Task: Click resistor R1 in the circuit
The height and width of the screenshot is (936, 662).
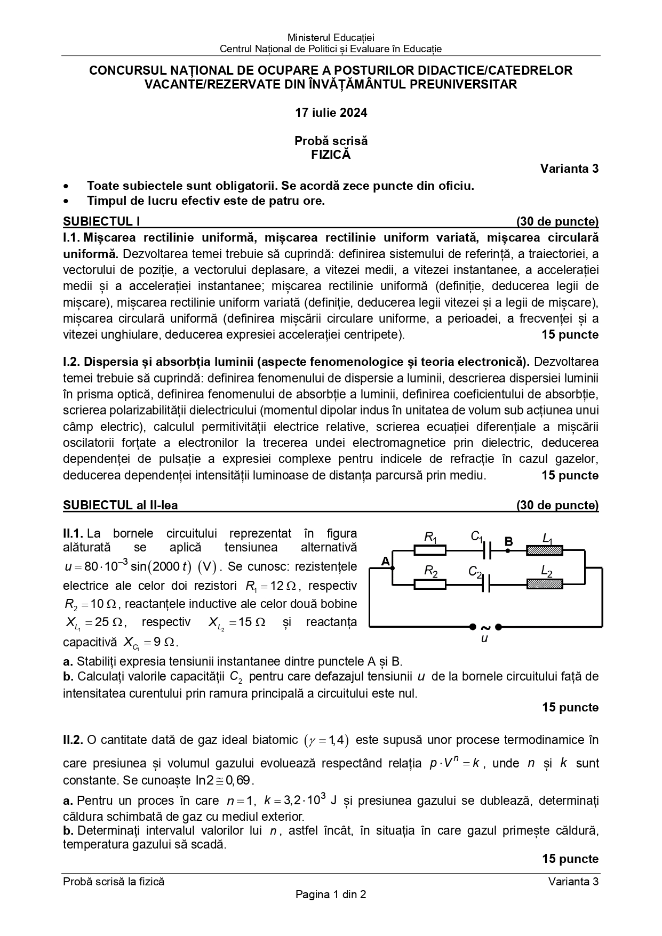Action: (430, 549)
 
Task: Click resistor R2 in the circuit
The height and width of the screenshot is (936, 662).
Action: (430, 584)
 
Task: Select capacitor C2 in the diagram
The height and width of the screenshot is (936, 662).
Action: (486, 584)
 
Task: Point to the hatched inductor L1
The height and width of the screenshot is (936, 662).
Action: (545, 549)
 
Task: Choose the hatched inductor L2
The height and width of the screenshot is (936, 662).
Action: (545, 584)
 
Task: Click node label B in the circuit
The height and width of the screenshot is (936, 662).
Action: (508, 542)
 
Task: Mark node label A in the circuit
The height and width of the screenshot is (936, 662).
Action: (386, 561)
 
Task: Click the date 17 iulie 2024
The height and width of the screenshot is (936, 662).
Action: (331, 113)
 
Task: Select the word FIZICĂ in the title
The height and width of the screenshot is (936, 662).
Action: (331, 155)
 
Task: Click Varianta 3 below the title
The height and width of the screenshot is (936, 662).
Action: (569, 169)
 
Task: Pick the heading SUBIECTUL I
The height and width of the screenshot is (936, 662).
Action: (101, 222)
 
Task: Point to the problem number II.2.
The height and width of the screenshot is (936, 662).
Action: (73, 740)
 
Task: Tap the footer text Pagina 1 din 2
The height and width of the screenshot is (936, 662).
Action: (331, 894)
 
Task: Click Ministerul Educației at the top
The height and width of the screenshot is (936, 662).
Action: (331, 37)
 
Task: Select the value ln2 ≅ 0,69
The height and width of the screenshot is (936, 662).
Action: (224, 780)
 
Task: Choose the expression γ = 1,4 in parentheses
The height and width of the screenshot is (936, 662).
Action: (326, 740)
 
